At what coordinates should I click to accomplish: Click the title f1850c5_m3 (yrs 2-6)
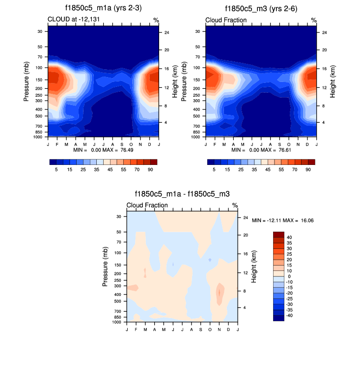260,9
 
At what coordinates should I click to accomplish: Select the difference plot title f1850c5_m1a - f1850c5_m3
182,194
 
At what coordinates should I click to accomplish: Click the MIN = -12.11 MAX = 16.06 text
282,220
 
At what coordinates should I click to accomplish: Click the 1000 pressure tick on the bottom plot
116,322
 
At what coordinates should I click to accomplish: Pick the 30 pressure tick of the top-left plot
39,31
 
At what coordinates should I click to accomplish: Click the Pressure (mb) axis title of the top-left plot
27,82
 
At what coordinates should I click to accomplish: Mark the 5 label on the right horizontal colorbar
214,169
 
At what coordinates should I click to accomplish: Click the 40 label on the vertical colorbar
289,237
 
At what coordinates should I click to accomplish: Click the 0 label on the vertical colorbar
289,276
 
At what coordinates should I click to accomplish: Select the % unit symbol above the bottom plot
235,205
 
